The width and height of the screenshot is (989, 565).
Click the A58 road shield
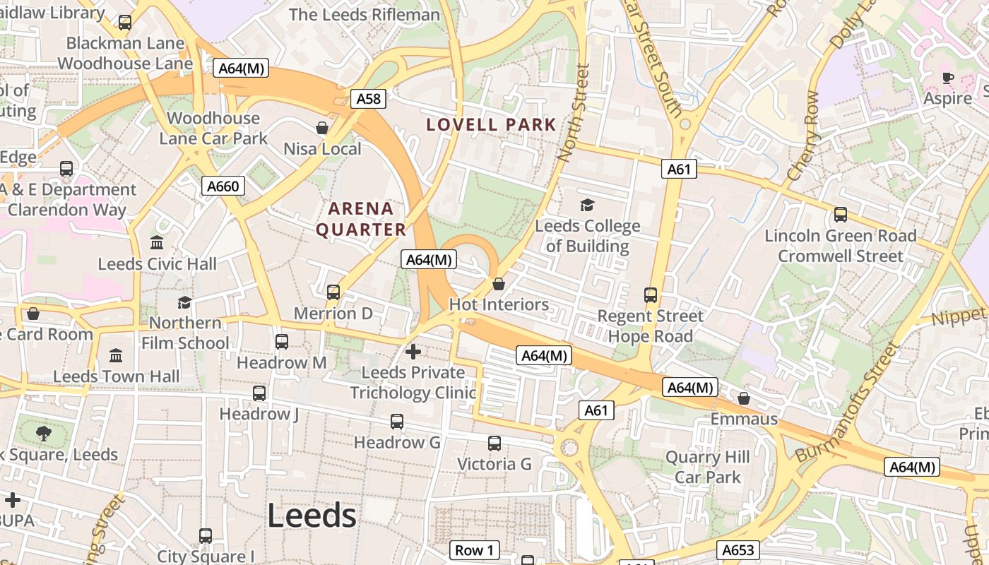click(368, 99)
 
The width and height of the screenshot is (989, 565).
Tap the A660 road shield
click(223, 186)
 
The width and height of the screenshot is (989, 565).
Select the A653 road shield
click(738, 549)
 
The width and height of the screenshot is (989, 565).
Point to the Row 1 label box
click(474, 550)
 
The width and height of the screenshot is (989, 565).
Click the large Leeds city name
click(312, 516)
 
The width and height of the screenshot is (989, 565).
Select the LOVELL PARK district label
click(492, 125)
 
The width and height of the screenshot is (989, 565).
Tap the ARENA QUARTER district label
click(361, 219)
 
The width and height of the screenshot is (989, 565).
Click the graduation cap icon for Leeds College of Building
click(587, 206)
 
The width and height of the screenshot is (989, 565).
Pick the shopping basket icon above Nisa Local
click(322, 128)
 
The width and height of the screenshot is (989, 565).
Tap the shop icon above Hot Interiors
click(499, 284)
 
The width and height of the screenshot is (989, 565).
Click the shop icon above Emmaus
click(743, 398)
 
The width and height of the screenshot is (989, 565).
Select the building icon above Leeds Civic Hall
click(157, 243)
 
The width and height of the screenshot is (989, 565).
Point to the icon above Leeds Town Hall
click(116, 355)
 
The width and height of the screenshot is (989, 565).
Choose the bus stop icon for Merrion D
click(333, 292)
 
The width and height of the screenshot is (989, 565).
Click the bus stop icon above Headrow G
click(397, 422)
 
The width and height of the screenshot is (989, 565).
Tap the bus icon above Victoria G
click(494, 444)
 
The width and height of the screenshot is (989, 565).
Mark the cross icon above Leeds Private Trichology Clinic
click(413, 351)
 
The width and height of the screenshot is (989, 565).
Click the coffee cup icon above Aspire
click(948, 78)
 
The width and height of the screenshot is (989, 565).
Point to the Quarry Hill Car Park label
click(707, 468)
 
